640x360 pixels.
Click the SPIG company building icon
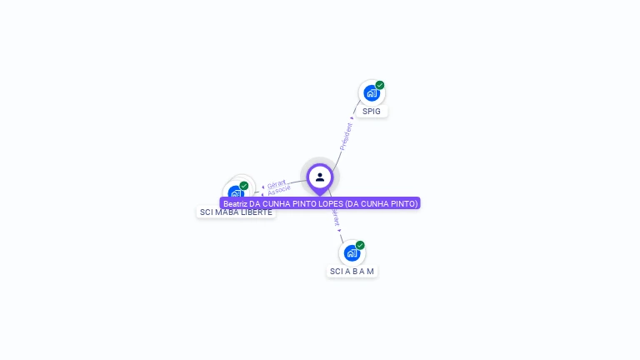click(371, 93)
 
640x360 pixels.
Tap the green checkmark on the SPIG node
click(380, 85)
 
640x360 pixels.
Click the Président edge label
click(346, 136)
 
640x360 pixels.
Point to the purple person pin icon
click(320, 177)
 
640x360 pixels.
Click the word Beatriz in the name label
click(237, 203)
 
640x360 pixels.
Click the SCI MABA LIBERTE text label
click(236, 212)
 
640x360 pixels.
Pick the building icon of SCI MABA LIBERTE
click(236, 193)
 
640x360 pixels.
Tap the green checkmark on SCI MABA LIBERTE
click(244, 186)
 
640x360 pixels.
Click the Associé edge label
click(279, 191)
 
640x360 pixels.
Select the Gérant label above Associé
click(277, 183)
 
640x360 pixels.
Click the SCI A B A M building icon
click(352, 253)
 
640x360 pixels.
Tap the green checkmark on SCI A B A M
click(360, 245)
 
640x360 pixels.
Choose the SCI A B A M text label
click(352, 272)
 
